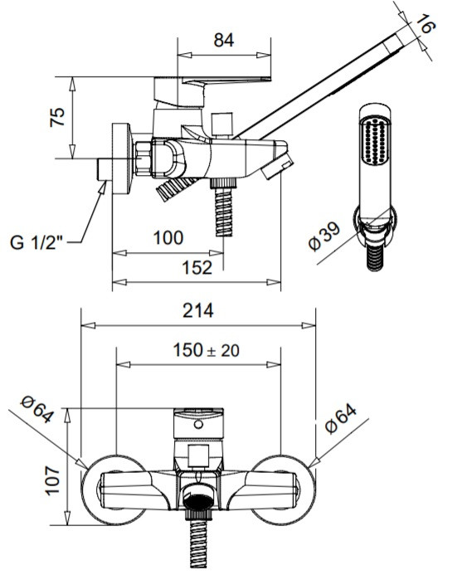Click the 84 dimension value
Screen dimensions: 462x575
224,40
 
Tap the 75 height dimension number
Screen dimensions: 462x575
57,117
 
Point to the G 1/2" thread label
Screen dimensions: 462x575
36,242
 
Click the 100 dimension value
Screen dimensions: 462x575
168,237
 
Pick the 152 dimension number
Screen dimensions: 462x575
197,268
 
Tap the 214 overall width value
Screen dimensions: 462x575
198,310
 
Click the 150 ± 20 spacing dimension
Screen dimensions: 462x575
207,350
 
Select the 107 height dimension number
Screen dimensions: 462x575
52,480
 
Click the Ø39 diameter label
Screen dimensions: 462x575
324,237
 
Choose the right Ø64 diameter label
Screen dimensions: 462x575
341,419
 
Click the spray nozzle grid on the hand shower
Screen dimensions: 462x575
375,140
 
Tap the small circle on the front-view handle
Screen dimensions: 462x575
198,425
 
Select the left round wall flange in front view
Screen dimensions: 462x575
114,490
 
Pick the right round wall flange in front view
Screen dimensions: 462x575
282,490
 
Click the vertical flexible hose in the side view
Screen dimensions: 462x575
224,212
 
